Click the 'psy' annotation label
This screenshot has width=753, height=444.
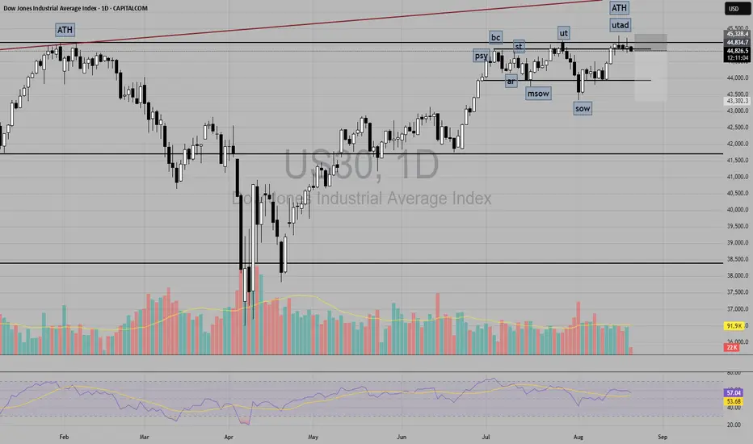pyautogui.click(x=482, y=56)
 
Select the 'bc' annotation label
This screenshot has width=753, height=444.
pyautogui.click(x=496, y=37)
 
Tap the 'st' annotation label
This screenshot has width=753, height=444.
pyautogui.click(x=520, y=46)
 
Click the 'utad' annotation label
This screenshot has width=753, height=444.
pyautogui.click(x=620, y=25)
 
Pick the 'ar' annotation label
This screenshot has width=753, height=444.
pyautogui.click(x=511, y=81)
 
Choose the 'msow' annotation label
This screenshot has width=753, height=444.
pyautogui.click(x=538, y=94)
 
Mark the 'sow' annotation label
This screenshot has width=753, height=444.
pyautogui.click(x=582, y=108)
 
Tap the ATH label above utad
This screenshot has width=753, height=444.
pyautogui.click(x=620, y=8)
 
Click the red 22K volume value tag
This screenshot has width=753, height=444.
pyautogui.click(x=733, y=347)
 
